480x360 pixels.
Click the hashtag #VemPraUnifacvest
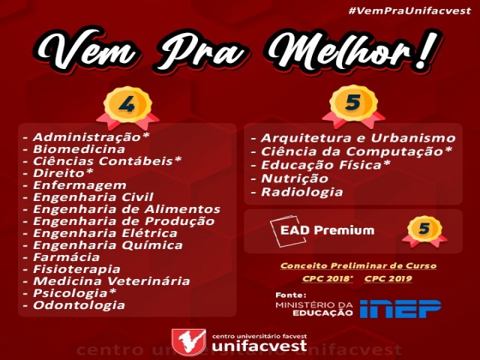409,11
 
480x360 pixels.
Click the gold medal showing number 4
127,106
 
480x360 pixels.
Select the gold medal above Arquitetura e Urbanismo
353,106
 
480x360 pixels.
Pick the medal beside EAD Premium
424,231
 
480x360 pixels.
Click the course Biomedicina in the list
79,149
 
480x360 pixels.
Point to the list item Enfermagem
79,185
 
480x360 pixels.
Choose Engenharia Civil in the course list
93,197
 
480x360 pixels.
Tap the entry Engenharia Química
108,245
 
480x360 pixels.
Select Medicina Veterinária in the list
112,281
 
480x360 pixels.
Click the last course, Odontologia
79,305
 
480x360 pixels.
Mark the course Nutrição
295,178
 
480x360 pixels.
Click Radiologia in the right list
301,192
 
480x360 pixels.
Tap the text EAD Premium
327,230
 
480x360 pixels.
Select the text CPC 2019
388,278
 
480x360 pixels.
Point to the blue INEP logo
400,308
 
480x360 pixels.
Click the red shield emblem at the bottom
188,342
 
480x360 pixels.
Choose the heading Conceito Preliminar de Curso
358,265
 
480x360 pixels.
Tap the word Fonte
291,295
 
